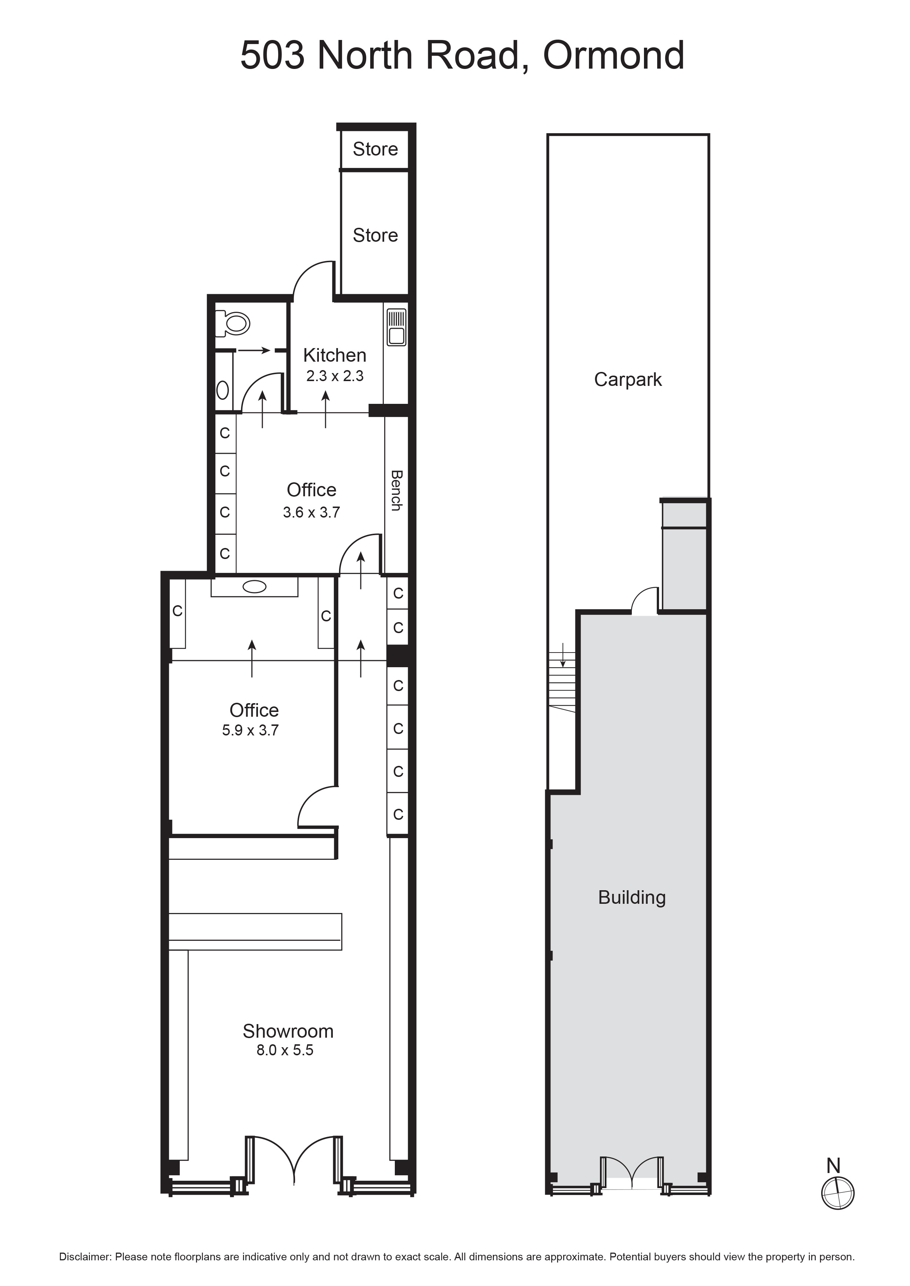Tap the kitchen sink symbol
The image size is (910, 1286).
click(x=396, y=327)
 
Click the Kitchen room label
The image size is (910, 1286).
click(x=335, y=355)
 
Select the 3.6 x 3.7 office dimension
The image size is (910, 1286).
click(x=311, y=512)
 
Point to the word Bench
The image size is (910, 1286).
click(x=396, y=490)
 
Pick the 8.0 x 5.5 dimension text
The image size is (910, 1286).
click(x=285, y=1050)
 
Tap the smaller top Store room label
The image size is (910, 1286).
click(x=375, y=149)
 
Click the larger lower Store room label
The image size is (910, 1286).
click(x=375, y=235)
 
